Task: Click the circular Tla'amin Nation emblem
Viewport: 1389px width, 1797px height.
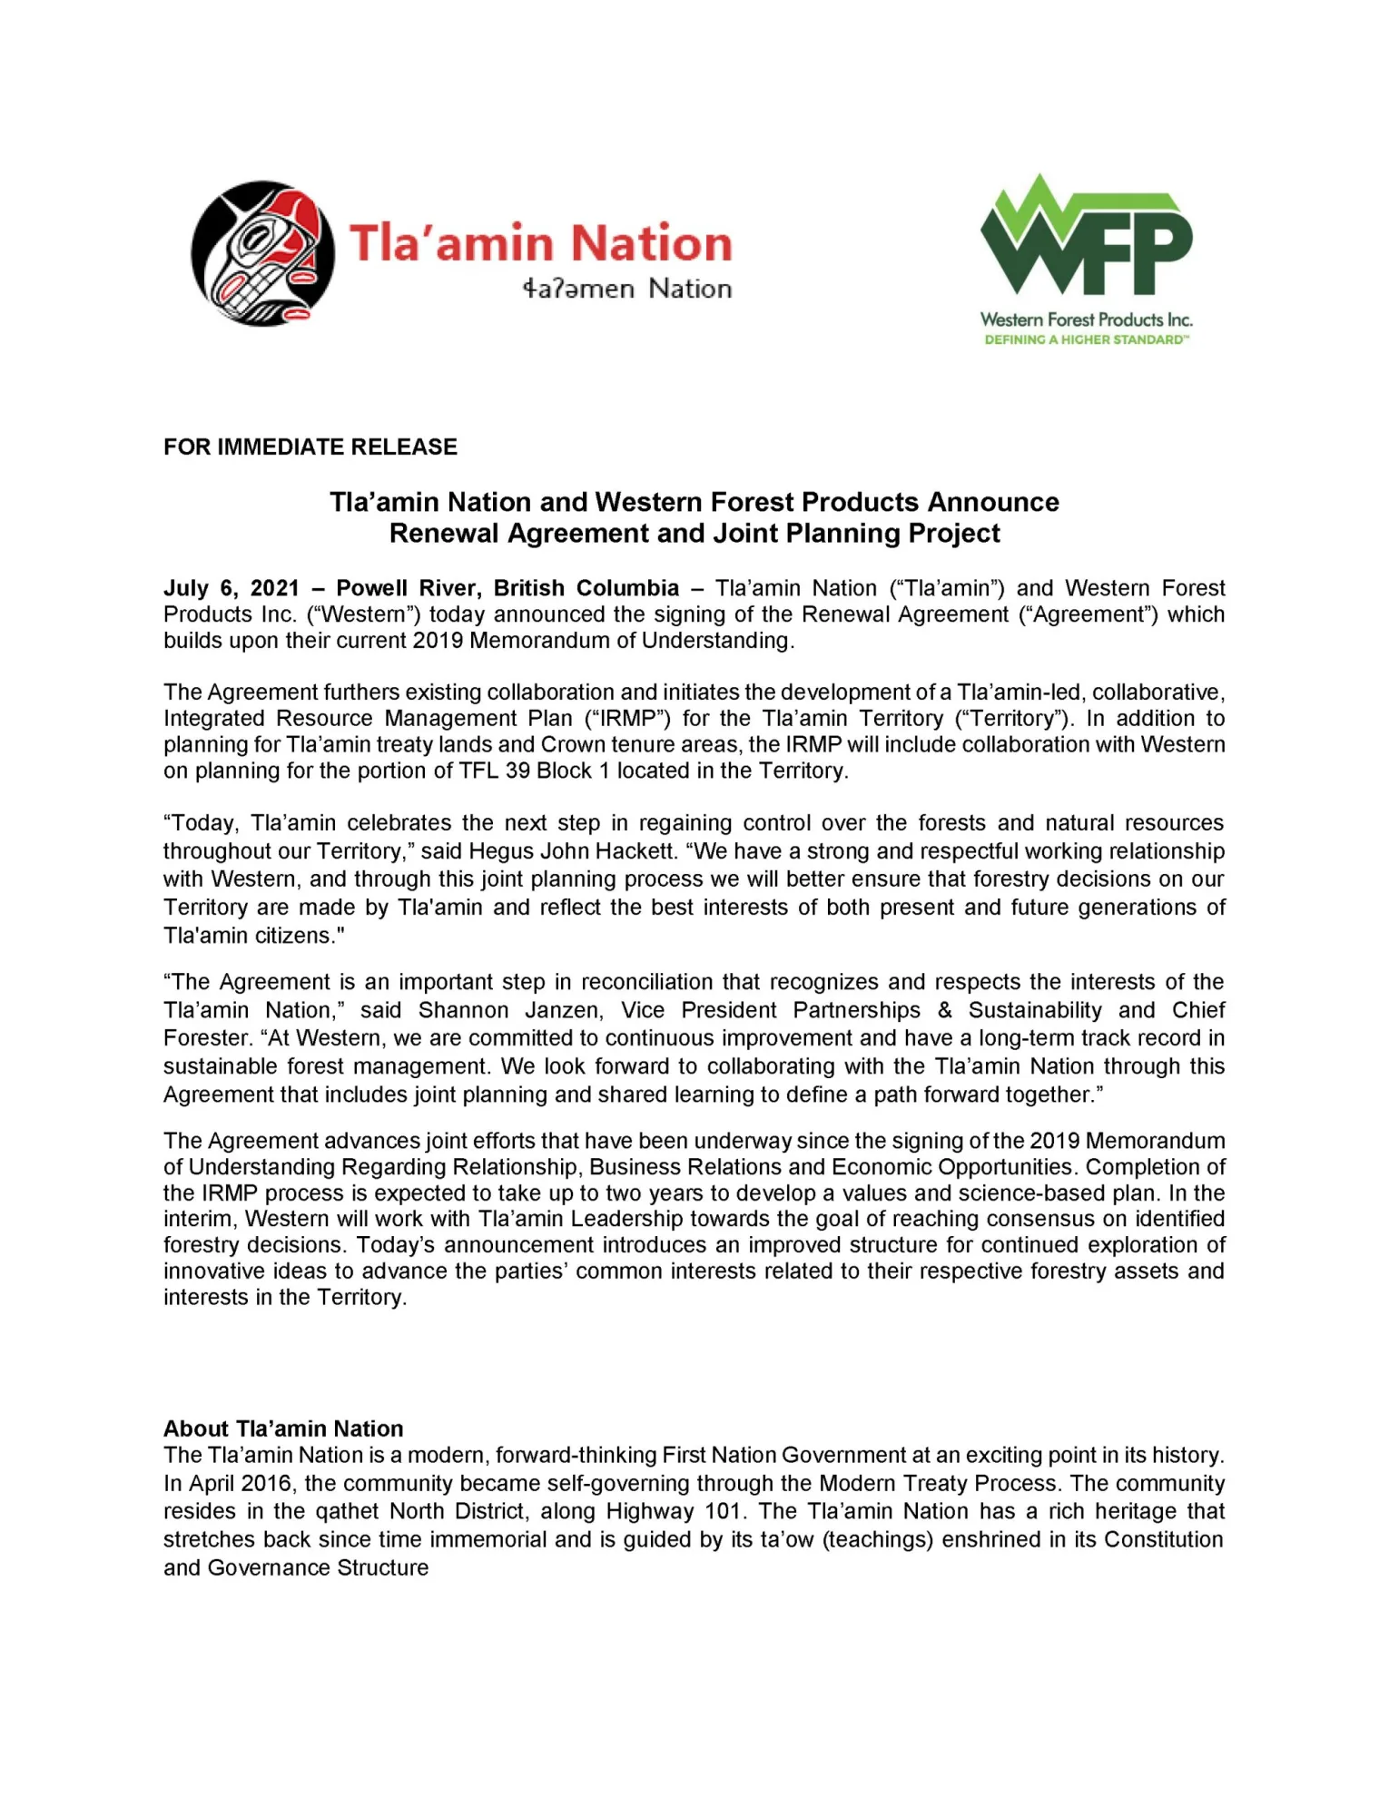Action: [x=262, y=253]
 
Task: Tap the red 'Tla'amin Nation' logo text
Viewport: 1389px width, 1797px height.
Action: [x=541, y=243]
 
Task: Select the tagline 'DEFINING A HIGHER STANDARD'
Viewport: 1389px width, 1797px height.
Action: [x=1086, y=340]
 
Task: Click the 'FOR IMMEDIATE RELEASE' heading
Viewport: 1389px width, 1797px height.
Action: [x=310, y=447]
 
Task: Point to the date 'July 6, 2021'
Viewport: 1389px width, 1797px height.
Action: [x=231, y=588]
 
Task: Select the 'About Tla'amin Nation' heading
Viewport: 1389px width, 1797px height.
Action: [x=283, y=1429]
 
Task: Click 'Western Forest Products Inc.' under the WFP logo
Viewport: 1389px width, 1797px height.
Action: [x=1086, y=319]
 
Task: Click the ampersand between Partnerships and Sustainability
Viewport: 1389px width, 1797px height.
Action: [x=945, y=1010]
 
